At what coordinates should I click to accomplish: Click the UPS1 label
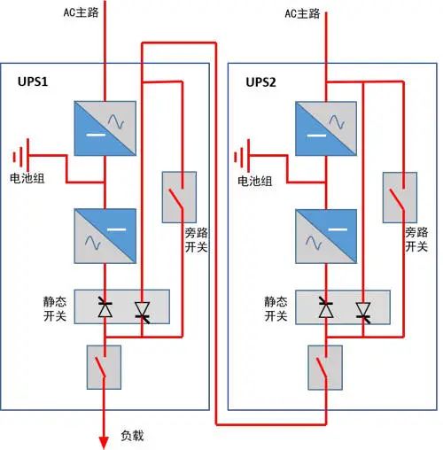tap(33, 81)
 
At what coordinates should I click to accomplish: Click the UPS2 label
tap(262, 81)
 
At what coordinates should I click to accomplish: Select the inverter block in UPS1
tap(105, 234)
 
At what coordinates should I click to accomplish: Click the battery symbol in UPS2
tap(240, 158)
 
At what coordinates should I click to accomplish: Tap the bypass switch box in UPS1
tap(180, 198)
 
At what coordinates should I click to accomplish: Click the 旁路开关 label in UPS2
tap(416, 240)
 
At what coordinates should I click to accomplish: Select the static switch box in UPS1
tap(122, 307)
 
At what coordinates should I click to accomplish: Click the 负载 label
tap(132, 436)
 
